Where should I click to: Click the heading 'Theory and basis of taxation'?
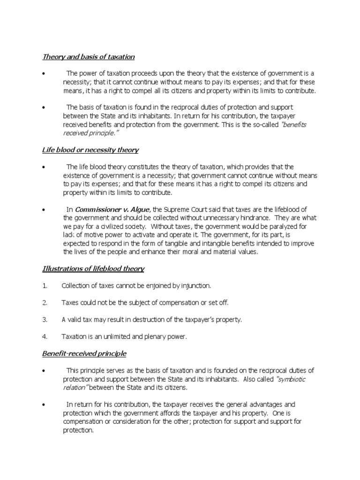(89, 57)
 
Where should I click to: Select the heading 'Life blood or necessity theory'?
(90, 150)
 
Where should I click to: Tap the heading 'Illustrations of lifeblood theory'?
(93, 269)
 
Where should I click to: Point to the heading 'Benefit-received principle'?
(84, 353)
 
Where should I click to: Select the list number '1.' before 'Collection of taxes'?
(45, 285)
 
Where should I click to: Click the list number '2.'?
(45, 302)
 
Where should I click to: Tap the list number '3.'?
(45, 319)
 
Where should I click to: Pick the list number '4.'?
(45, 336)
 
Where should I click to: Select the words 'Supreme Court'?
(185, 210)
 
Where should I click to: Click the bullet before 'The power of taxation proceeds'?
(43, 74)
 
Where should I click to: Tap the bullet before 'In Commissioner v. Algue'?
(43, 210)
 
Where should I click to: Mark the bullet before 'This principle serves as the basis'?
(43, 371)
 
